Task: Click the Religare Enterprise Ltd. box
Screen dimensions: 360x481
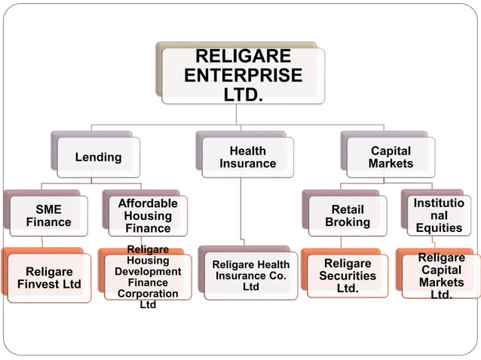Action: (243, 75)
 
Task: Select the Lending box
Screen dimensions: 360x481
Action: (98, 157)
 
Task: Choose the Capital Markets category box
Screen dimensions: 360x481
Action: (391, 157)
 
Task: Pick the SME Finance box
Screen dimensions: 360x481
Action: (49, 215)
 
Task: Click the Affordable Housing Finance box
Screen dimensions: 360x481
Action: (148, 215)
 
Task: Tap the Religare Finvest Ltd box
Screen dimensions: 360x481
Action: (49, 277)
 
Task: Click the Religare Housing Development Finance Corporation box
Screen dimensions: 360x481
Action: (148, 277)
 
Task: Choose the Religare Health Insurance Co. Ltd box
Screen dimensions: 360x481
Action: (250, 276)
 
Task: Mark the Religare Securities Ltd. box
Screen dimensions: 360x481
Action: (347, 276)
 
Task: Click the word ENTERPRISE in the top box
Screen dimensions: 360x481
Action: (243, 76)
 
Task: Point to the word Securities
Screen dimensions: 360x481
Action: (347, 276)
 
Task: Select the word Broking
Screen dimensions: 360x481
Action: (347, 222)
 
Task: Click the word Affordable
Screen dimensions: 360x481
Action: (148, 203)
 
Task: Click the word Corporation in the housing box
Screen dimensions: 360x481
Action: (148, 293)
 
